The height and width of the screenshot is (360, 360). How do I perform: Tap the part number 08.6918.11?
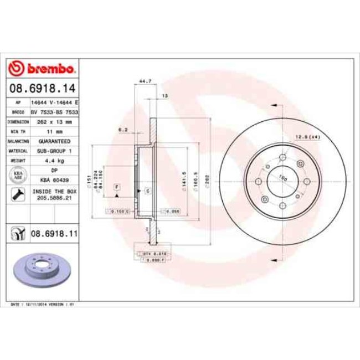[x=54, y=235]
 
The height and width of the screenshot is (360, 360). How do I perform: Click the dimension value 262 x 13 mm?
[x=54, y=121]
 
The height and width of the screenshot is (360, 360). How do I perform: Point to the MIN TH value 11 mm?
[x=54, y=131]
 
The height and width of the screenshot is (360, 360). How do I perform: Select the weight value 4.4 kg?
[x=54, y=161]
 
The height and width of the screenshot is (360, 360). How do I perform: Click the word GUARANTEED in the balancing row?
[x=54, y=141]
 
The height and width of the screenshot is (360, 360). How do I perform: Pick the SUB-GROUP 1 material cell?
[x=54, y=151]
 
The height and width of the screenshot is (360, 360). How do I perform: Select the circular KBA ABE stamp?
[x=17, y=175]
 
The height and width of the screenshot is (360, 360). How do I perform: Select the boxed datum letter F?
[x=117, y=187]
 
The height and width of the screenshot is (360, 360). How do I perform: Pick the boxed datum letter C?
[x=148, y=191]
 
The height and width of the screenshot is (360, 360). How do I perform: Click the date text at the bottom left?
[x=44, y=305]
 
